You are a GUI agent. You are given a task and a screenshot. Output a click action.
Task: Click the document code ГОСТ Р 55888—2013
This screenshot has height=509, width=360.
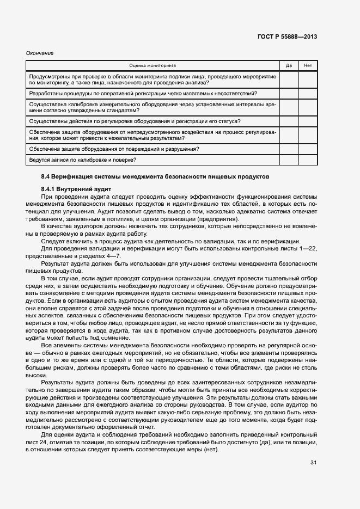[x=286, y=36]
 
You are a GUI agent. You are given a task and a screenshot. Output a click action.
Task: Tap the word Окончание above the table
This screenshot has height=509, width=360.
[x=39, y=53]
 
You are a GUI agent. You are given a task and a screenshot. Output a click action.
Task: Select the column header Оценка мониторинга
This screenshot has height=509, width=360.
[x=152, y=66]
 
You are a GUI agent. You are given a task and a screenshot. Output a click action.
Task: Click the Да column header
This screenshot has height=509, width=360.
[x=289, y=66]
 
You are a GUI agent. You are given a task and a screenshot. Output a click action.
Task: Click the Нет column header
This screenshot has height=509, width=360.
[x=308, y=66]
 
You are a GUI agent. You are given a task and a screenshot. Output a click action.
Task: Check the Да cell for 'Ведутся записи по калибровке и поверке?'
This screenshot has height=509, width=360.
[x=289, y=160]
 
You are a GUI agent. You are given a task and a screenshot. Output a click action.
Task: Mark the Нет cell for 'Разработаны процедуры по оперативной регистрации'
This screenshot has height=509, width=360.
[x=308, y=94]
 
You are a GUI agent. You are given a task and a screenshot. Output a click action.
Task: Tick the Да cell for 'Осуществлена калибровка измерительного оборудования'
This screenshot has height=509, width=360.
[x=289, y=107]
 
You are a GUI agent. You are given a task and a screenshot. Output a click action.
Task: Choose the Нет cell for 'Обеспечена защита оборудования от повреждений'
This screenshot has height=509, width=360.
[x=308, y=149]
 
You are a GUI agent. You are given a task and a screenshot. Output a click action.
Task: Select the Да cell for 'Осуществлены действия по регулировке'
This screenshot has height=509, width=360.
[x=289, y=121]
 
